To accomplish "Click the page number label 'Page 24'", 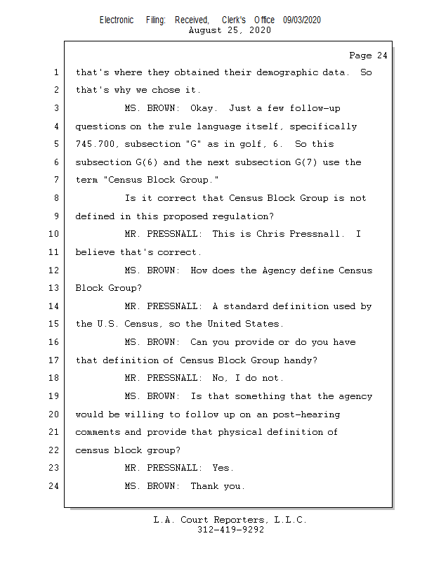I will [x=368, y=55].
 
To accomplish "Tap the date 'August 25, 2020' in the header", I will [x=230, y=30].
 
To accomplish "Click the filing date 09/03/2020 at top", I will [x=302, y=20].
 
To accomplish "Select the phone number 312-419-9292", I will [x=230, y=530].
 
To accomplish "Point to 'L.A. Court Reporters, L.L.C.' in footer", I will [x=230, y=520].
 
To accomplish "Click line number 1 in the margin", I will [x=56, y=72].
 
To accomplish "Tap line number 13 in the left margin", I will [x=54, y=288].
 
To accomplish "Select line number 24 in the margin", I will [x=54, y=485].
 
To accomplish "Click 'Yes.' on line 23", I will [x=223, y=468].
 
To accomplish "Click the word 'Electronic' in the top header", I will [x=117, y=20].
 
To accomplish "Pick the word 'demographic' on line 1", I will [x=264, y=72].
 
